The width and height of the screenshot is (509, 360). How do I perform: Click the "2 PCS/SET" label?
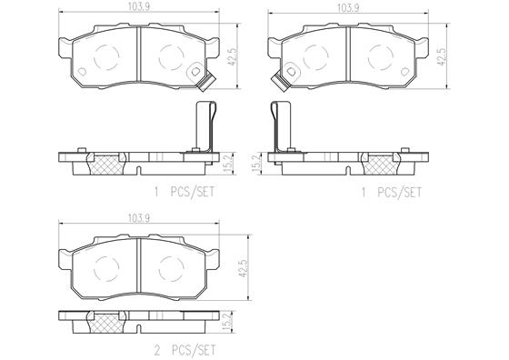click(x=185, y=350)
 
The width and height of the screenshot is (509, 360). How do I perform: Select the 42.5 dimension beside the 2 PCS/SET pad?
click(x=243, y=268)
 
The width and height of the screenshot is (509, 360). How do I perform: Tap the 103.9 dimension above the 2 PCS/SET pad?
click(x=138, y=219)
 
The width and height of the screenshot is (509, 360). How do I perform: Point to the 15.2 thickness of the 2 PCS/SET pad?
click(x=228, y=322)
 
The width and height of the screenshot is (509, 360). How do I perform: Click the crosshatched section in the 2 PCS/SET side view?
click(x=106, y=322)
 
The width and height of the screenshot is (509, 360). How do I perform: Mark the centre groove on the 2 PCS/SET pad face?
click(x=138, y=265)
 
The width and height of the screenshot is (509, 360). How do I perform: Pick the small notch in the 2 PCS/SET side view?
click(x=138, y=328)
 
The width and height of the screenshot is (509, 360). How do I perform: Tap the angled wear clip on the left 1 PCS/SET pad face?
click(x=205, y=83)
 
